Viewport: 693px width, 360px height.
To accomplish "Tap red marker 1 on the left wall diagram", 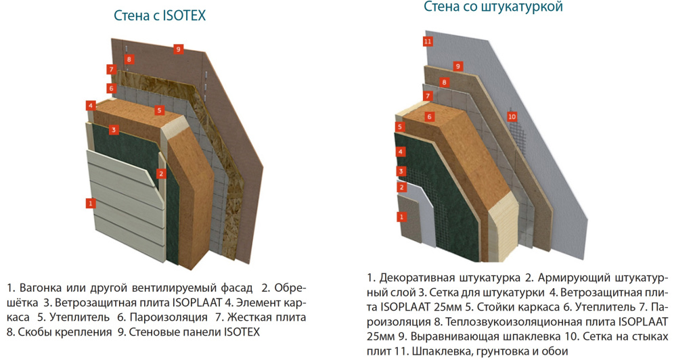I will coord(90,202).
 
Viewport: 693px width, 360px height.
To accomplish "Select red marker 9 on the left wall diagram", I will coord(178,49).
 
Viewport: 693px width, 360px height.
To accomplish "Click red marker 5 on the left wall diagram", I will coord(160,110).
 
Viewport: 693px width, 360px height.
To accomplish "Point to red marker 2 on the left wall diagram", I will coord(160,173).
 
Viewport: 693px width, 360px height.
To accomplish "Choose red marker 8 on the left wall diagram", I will coord(129,60).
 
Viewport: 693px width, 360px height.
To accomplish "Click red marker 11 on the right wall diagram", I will coord(427,41).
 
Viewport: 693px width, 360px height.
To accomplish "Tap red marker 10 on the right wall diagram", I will coord(512,116).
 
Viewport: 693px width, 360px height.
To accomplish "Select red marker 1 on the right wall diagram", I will coord(401,217).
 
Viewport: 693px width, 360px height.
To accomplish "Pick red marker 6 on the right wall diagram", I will coord(429,116).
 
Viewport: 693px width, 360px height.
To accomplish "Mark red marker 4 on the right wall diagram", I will coord(401,152).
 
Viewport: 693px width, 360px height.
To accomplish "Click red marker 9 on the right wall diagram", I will coord(458,66).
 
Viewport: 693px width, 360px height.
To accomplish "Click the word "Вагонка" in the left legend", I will coord(39,288).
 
